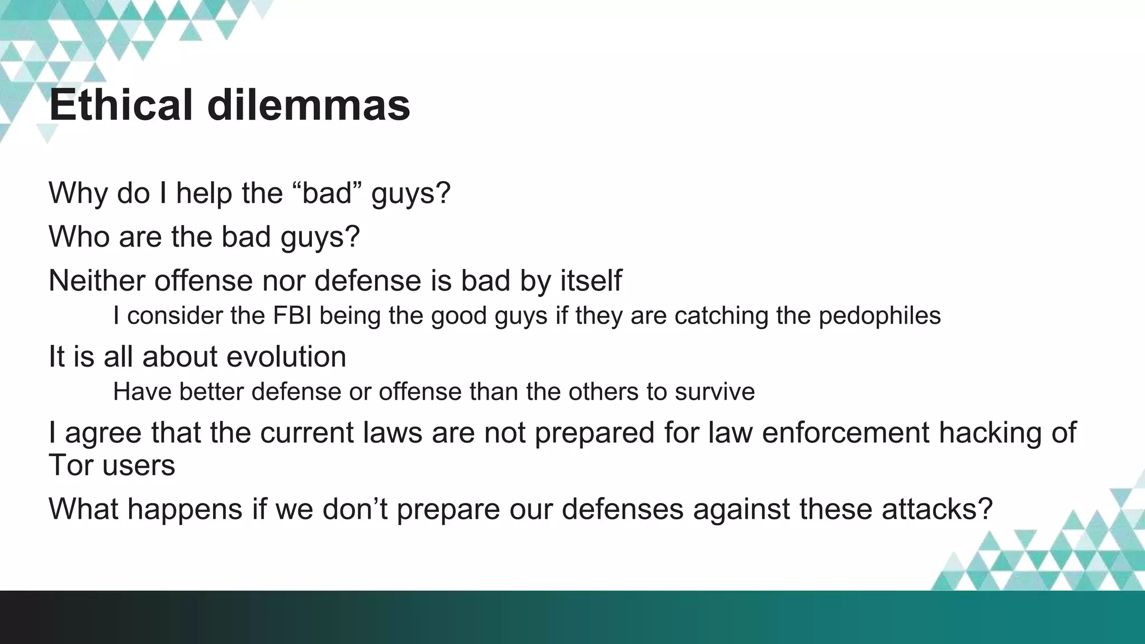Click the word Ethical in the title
[x=121, y=105]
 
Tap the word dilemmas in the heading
[x=309, y=105]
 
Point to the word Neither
[x=96, y=280]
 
